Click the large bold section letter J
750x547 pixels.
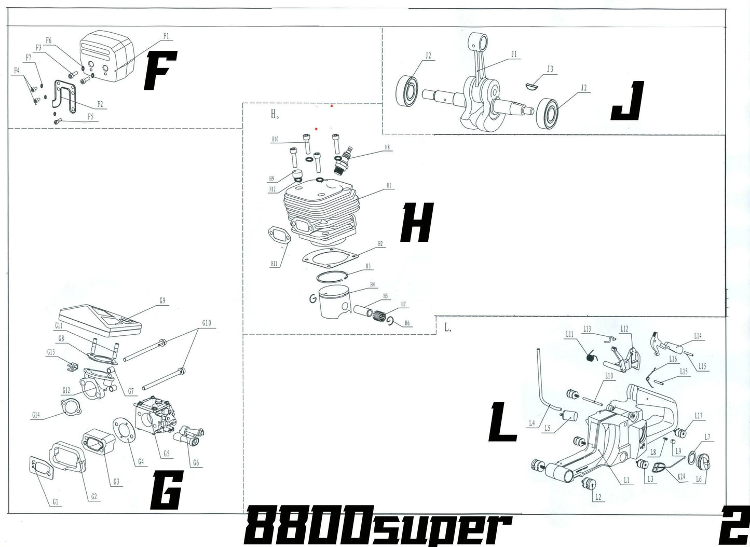[628, 101]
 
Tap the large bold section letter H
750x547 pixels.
[416, 223]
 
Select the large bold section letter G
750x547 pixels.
[166, 491]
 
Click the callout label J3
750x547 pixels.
[550, 69]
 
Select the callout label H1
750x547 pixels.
[389, 185]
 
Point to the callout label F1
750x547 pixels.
[166, 36]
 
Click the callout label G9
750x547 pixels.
[162, 300]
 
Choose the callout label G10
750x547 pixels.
[206, 323]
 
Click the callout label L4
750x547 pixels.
[531, 423]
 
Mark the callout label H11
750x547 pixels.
[274, 264]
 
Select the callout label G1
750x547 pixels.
[56, 502]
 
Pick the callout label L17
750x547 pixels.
[699, 416]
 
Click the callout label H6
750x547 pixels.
[407, 323]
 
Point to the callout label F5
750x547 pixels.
[90, 117]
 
